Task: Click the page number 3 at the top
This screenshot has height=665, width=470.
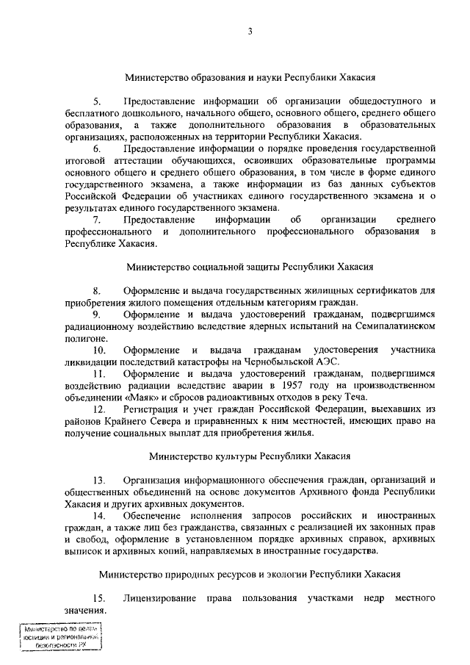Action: coord(250,31)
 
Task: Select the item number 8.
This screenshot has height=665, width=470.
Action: coord(96,290)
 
